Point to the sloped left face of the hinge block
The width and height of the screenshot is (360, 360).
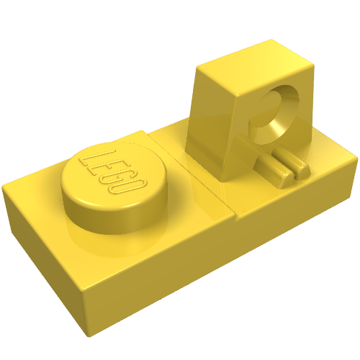pyautogui.click(x=211, y=125)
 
